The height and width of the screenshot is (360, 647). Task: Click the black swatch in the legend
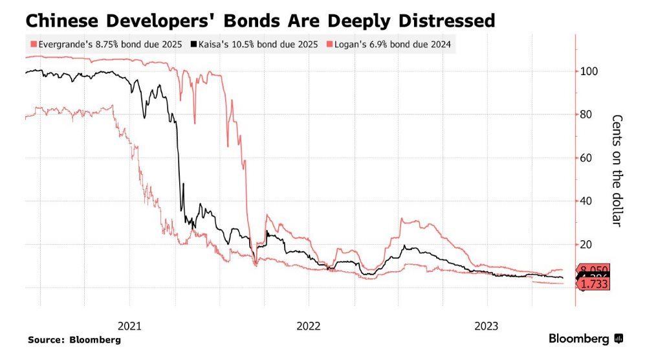[x=193, y=45]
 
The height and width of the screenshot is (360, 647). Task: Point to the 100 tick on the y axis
[x=589, y=71]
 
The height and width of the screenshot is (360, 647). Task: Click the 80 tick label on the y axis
[x=586, y=115]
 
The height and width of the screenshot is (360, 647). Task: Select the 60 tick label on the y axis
[x=586, y=158]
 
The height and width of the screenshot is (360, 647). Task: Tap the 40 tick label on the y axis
[x=586, y=201]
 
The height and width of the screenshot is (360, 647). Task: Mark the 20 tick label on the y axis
[x=586, y=245]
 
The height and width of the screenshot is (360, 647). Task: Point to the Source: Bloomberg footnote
[x=74, y=339]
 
